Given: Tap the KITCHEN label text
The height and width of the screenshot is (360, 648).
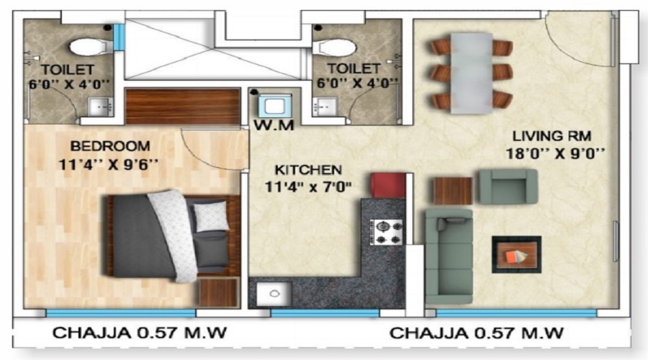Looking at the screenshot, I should [307, 171].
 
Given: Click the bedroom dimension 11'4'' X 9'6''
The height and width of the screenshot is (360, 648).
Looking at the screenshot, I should [109, 163].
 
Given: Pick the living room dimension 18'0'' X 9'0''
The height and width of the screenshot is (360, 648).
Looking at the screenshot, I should [554, 153].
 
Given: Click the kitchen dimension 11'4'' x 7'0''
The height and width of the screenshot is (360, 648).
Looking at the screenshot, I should [307, 189].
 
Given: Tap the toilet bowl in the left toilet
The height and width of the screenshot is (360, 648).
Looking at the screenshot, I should [87, 47].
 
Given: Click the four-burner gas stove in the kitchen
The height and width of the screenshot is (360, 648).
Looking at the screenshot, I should [387, 232].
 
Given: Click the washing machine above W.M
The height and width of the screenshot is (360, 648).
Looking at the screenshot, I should [274, 107].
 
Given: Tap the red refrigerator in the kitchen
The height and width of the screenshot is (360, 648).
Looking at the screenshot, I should [387, 184].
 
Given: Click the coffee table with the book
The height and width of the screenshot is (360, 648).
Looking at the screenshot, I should [516, 254].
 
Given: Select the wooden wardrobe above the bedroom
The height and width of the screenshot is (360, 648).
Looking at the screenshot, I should [183, 107].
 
